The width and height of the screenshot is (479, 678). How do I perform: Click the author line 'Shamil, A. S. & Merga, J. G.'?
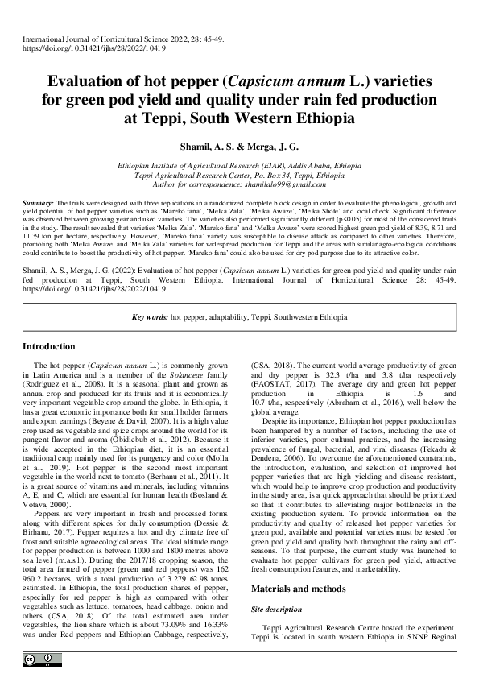tap(239, 146)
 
